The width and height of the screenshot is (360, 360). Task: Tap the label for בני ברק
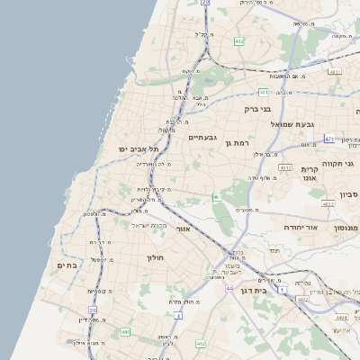tap(258, 108)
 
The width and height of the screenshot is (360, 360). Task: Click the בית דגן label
tap(256, 291)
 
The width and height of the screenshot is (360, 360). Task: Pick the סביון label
tap(349, 193)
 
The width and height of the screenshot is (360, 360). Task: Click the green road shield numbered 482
tap(238, 41)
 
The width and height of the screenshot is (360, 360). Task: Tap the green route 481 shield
tap(263, 92)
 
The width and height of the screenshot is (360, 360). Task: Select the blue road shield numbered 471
tap(329, 139)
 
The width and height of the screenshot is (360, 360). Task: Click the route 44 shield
tap(229, 288)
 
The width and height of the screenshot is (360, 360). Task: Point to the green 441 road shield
tap(124, 332)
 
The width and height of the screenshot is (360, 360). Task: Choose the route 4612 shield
tap(286, 167)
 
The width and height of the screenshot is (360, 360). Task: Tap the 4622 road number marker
tap(327, 204)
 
